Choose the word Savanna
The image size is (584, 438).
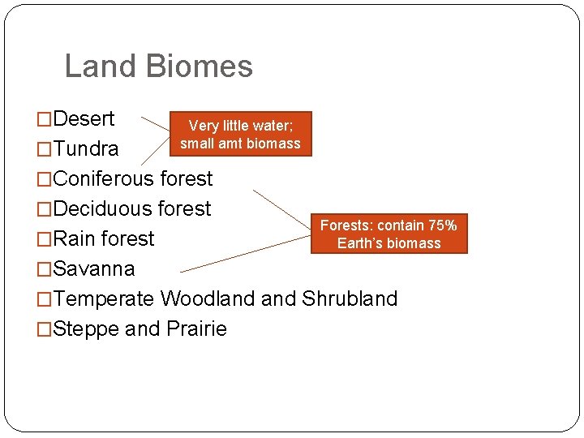click(x=93, y=268)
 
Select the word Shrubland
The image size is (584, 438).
click(x=349, y=298)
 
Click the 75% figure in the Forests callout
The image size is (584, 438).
click(x=443, y=225)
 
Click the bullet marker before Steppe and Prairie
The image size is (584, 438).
click(x=45, y=329)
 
